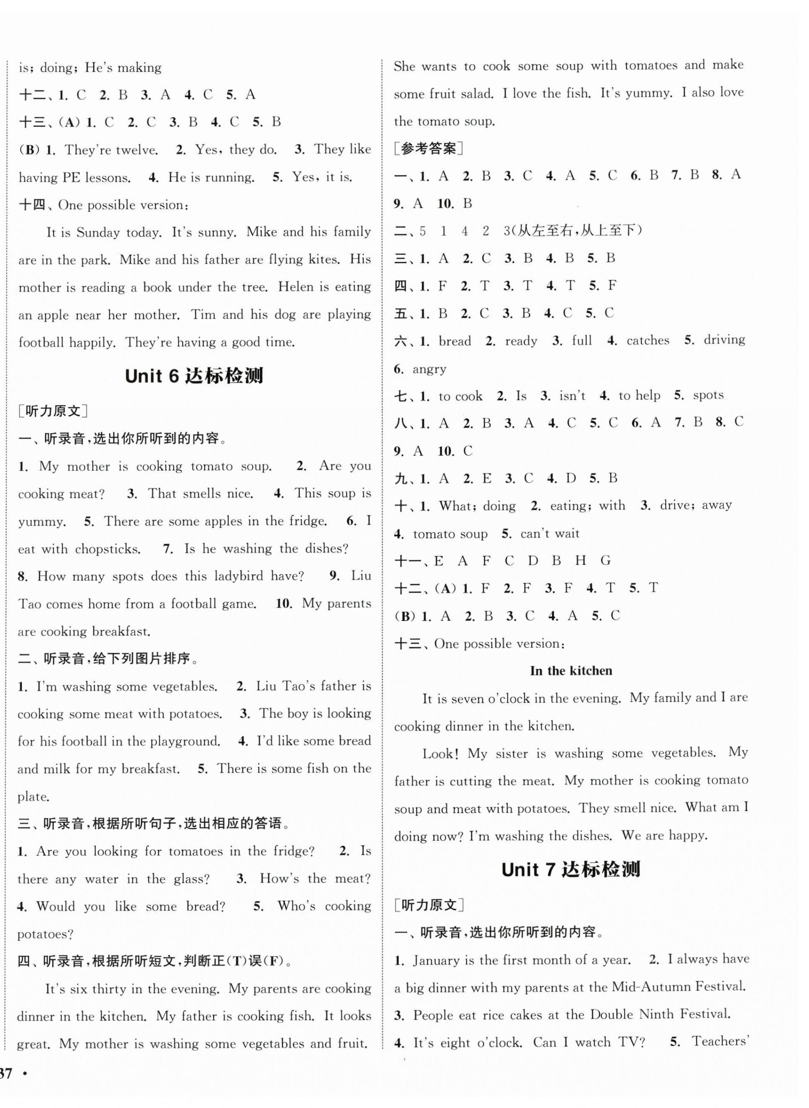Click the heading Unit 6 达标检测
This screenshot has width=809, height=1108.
click(194, 376)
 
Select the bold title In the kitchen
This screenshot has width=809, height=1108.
click(571, 671)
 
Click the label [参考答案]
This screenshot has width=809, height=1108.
click(428, 148)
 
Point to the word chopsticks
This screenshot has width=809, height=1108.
click(108, 549)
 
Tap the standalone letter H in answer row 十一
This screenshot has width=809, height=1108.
click(580, 561)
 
